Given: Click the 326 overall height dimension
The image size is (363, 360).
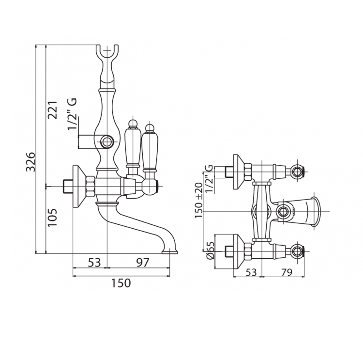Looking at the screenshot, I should pos(30,162).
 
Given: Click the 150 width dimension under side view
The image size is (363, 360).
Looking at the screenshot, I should pos(121,283).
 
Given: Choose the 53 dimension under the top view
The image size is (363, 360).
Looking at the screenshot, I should pos(251,273).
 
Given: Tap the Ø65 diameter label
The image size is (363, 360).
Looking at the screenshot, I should pos(210,250).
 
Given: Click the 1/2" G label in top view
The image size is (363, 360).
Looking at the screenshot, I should pos(209,178).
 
